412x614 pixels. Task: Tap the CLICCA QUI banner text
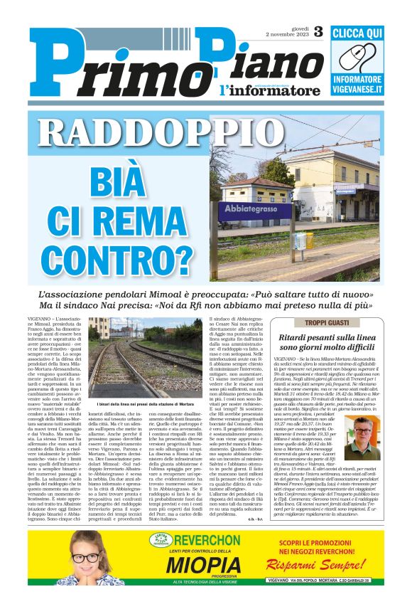[357, 33]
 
